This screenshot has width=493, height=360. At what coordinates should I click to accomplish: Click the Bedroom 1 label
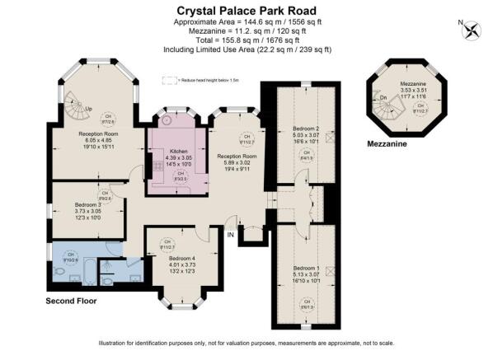[x=306, y=268]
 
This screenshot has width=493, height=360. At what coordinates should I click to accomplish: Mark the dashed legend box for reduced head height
[x=171, y=80]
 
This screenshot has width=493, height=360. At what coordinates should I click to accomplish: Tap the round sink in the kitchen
[x=167, y=119]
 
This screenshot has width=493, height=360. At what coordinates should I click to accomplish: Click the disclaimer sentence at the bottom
[x=245, y=342]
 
